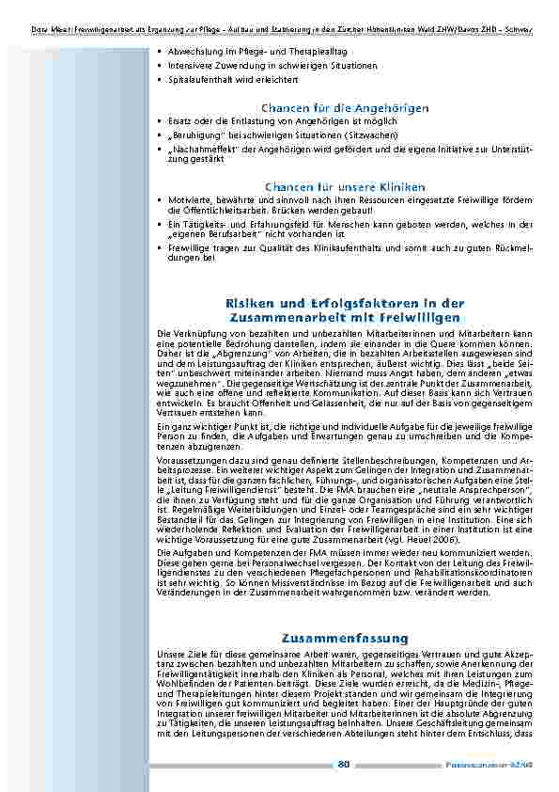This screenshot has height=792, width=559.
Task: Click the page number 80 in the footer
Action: pos(343,763)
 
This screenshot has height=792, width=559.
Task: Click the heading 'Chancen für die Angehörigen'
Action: pos(345,107)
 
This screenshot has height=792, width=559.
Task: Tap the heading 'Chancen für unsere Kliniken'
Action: pos(345,186)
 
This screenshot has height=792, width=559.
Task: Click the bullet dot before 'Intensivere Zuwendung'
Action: pos(161,67)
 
